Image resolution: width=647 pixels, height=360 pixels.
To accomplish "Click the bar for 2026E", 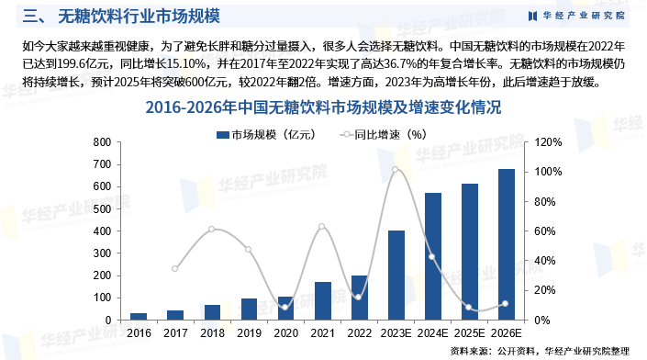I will click(507, 244).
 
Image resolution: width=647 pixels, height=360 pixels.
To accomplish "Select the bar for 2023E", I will click(396, 275).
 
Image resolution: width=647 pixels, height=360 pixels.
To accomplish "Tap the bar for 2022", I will click(359, 297).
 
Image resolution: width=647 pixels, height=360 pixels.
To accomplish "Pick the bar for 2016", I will click(138, 316).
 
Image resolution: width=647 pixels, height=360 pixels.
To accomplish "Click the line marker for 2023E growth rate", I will click(396, 170).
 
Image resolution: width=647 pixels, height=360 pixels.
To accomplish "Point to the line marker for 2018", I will click(211, 229).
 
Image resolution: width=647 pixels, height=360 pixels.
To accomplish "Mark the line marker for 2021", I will click(321, 227).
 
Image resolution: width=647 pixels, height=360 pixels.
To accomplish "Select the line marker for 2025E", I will click(469, 308).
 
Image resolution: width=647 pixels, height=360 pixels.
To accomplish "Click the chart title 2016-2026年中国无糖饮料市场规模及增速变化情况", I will click(323, 107).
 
